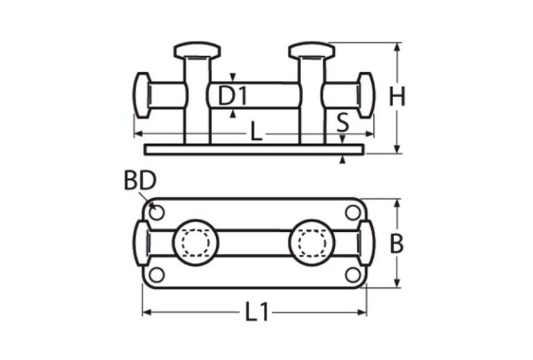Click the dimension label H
[x=397, y=98]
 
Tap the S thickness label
[x=343, y=123]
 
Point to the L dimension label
[x=256, y=132]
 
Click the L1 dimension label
[x=257, y=312]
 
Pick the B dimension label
[x=397, y=244]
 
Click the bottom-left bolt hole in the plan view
[x=157, y=275]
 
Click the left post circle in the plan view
[x=195, y=243]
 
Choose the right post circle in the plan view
[x=313, y=243]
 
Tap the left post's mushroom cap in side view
[x=197, y=51]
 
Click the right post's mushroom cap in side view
[x=311, y=51]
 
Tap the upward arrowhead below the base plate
[x=343, y=161]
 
